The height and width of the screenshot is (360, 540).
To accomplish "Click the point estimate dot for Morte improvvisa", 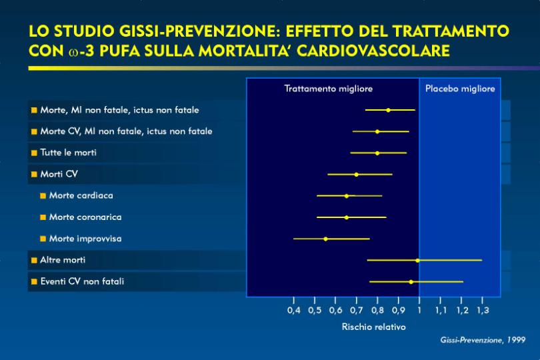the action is point(325,239).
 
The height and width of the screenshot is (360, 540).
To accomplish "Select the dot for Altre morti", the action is point(417,261).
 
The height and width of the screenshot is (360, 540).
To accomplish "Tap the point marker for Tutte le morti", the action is point(377,153).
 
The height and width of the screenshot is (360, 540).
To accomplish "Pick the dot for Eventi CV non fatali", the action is point(411,282).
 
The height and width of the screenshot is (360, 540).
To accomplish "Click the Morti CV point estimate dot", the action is point(357,175).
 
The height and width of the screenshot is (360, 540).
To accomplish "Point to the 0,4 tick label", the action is point(294,310).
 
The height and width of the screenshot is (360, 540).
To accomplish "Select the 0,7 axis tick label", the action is point(357,310).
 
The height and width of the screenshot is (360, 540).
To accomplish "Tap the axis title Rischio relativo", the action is point(373,327).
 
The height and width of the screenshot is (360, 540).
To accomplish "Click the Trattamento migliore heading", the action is point(329,89).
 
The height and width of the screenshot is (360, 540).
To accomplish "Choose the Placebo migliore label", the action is point(460,89).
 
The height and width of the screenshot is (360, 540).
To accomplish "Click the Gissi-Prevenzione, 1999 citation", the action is point(483,340).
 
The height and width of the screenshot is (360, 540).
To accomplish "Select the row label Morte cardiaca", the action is point(81,195).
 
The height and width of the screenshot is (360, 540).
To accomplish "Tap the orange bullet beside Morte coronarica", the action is point(43,217).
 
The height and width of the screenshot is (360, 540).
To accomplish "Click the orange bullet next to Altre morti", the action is point(34,261).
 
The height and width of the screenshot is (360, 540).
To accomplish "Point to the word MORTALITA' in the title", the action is point(245,51).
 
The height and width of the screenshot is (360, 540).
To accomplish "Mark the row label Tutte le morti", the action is point(68,153).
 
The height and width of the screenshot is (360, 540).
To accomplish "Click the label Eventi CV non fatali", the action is point(82,281).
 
